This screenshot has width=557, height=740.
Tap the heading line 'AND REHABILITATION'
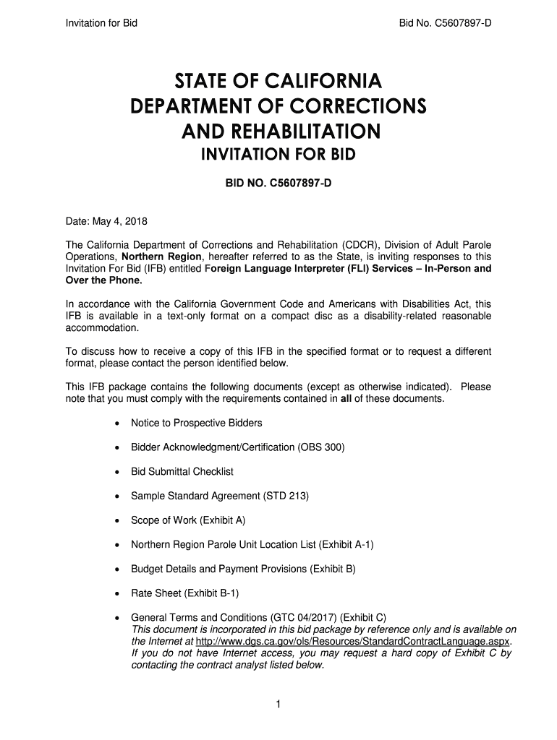pos(278,132)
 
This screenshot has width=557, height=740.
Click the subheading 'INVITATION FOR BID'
pos(278,157)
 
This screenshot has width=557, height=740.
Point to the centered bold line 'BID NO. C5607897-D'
pos(278,184)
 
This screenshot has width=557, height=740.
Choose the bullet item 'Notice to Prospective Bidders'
pos(196,423)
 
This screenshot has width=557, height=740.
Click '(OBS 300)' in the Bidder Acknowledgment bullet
pos(320,447)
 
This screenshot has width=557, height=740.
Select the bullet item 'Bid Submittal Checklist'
pos(182,472)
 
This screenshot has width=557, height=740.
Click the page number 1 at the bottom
pos(278,706)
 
